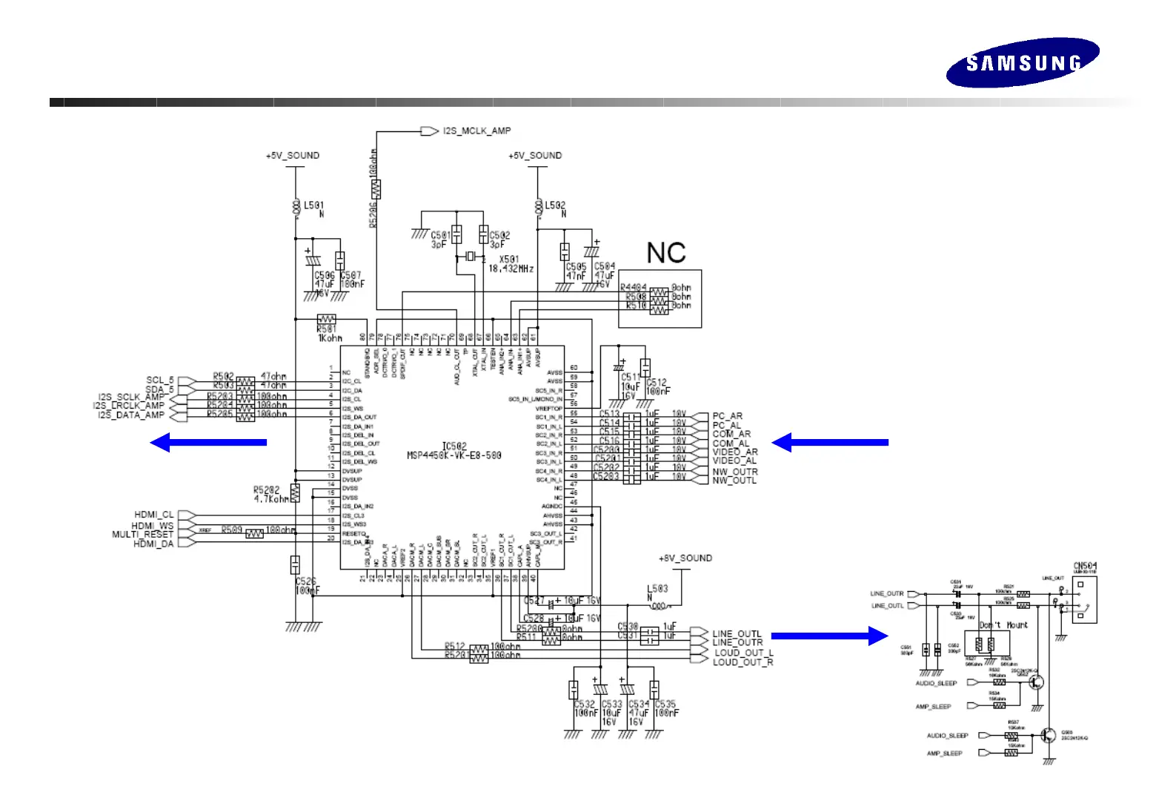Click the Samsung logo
pyautogui.click(x=1023, y=62)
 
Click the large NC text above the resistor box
pyautogui.click(x=666, y=253)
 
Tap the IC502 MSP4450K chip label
pyautogui.click(x=454, y=451)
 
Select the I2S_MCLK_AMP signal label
pyautogui.click(x=476, y=131)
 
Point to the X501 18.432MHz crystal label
pyautogui.click(x=511, y=264)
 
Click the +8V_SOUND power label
pyautogui.click(x=685, y=558)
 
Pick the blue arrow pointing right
pyautogui.click(x=829, y=636)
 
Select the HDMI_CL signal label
pyautogui.click(x=153, y=514)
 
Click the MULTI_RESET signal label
pyautogui.click(x=142, y=534)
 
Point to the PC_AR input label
pyautogui.click(x=727, y=416)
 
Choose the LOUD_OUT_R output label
pyautogui.click(x=743, y=662)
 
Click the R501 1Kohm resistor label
pyautogui.click(x=329, y=334)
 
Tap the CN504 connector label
pyautogui.click(x=1085, y=567)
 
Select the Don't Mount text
pyautogui.click(x=1003, y=625)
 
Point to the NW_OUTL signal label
pyautogui.click(x=734, y=481)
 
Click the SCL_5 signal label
pyautogui.click(x=159, y=380)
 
